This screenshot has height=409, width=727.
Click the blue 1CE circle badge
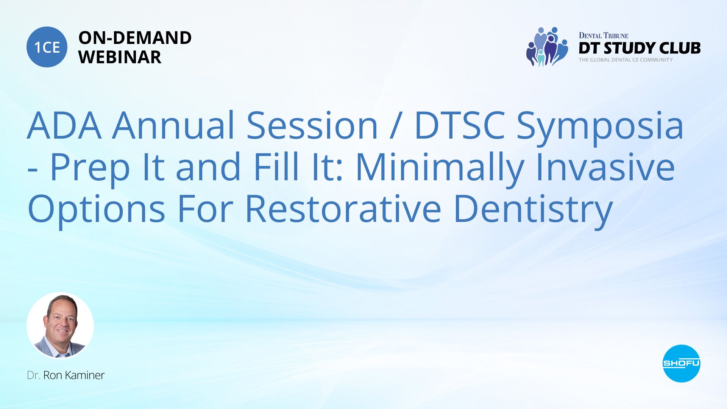[47, 47]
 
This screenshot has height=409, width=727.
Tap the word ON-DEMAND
[135, 38]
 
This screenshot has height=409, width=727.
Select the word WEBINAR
[120, 57]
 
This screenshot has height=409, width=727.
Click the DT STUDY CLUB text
[640, 48]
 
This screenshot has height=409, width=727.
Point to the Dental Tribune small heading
[603, 36]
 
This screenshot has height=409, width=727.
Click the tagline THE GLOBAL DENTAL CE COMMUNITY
[626, 60]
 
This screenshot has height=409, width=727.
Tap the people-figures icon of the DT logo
[547, 47]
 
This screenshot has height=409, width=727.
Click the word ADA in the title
[64, 125]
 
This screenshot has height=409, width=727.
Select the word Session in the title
[312, 125]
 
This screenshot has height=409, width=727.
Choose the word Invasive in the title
[605, 167]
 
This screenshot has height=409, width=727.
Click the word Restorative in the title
[343, 209]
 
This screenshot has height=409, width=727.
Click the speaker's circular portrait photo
[60, 326]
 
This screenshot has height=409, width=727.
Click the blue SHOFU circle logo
[682, 364]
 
